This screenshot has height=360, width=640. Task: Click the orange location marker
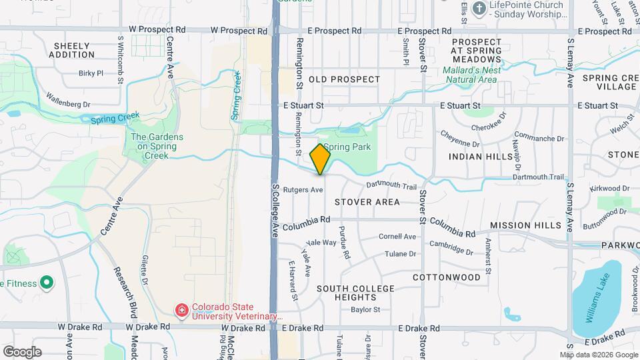pyautogui.click(x=320, y=159)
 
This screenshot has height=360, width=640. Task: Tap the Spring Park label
pyautogui.click(x=346, y=147)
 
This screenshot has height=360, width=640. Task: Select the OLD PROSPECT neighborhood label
pyautogui.click(x=345, y=79)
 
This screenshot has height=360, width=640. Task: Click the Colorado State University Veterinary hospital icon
pyautogui.click(x=181, y=310)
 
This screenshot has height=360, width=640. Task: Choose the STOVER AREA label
pyautogui.click(x=367, y=202)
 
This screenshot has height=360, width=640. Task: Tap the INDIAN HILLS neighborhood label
pyautogui.click(x=481, y=156)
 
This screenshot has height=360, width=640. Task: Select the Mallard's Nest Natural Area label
pyautogui.click(x=471, y=74)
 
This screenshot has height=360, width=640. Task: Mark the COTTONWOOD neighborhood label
pyautogui.click(x=447, y=277)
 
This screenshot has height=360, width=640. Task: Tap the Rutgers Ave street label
pyautogui.click(x=303, y=189)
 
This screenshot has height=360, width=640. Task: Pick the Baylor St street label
pyautogui.click(x=365, y=309)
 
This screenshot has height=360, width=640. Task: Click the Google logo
pyautogui.click(x=22, y=352)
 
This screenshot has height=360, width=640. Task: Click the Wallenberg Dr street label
pyautogui.click(x=68, y=104)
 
